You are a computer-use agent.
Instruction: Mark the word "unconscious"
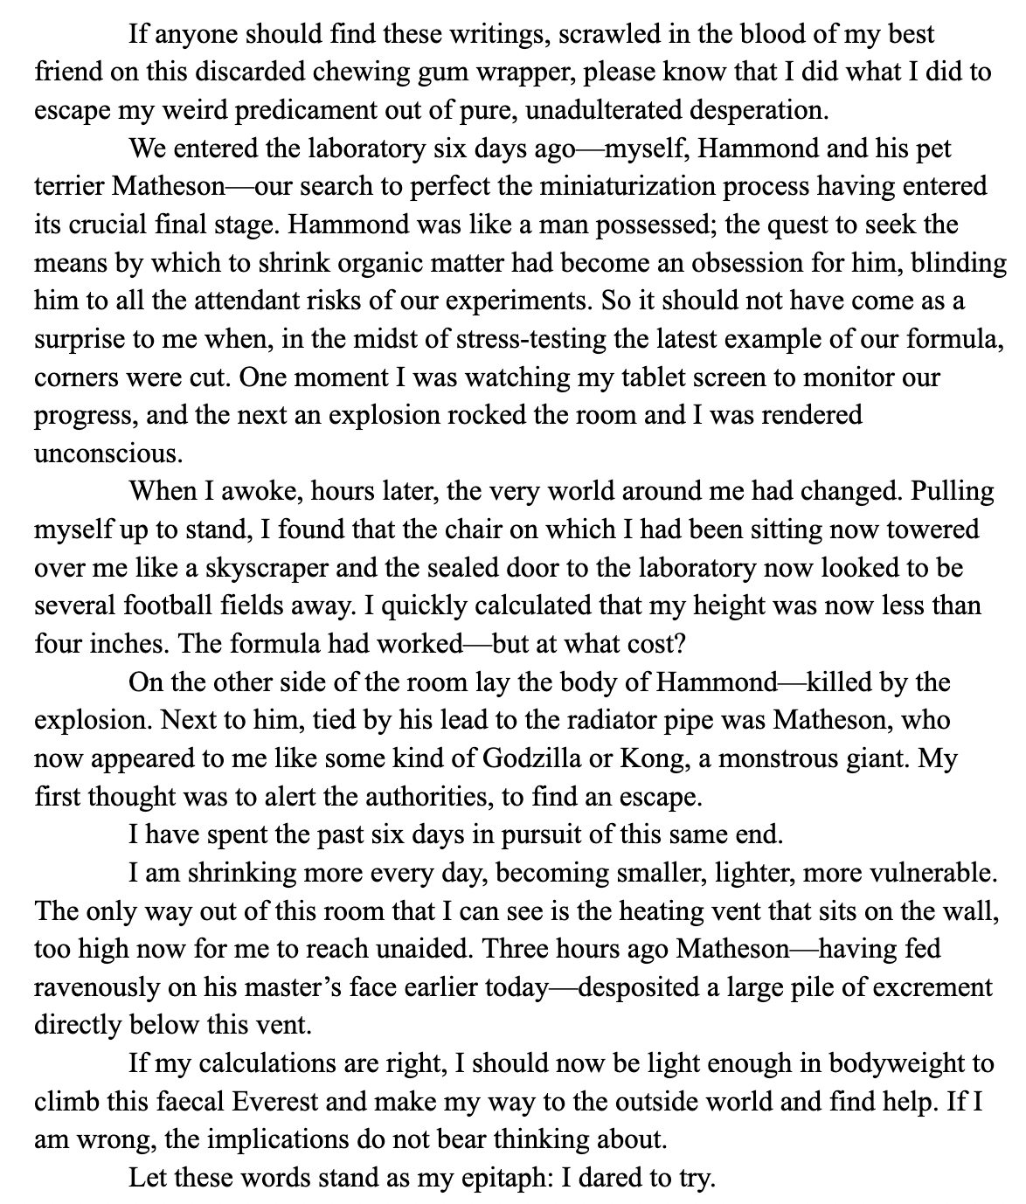coord(98,454)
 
